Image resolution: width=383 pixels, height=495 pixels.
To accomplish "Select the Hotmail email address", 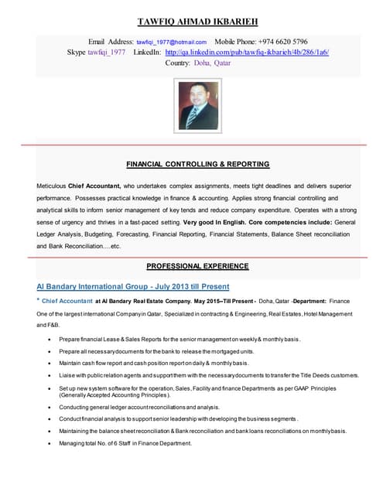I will (x=172, y=42).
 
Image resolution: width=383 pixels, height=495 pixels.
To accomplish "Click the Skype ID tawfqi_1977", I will (x=107, y=53).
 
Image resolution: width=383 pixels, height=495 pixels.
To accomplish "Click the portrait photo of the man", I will (x=198, y=105).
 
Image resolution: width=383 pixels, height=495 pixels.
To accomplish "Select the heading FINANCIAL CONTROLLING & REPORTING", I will (x=197, y=164).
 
